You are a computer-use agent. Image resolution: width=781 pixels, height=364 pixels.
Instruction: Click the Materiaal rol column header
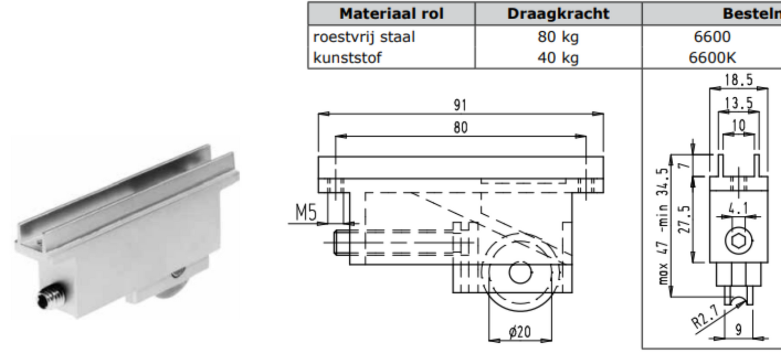[391, 14]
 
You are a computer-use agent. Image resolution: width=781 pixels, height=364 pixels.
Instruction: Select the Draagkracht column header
[558, 14]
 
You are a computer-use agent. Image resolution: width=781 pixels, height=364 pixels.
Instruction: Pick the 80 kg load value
[558, 37]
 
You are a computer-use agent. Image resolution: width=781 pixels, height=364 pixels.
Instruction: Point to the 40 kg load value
[558, 58]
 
